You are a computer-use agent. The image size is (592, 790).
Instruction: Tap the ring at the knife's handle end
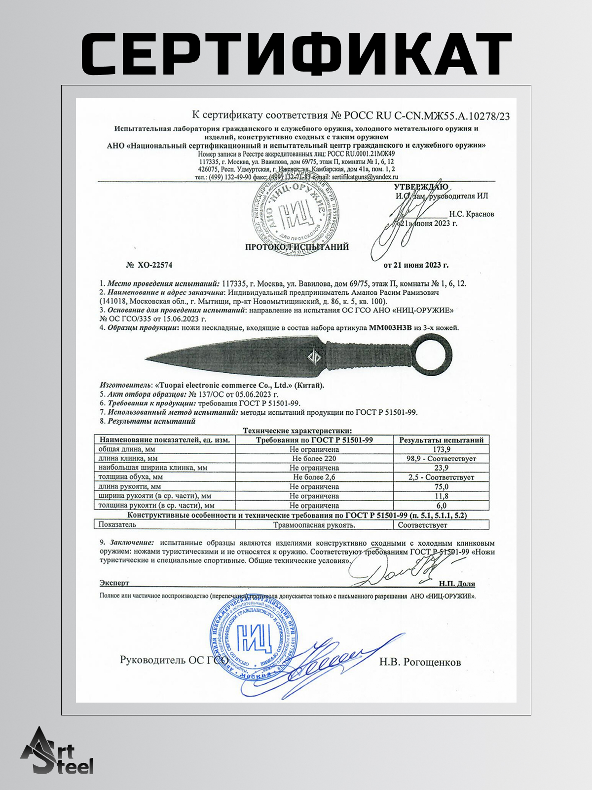431,355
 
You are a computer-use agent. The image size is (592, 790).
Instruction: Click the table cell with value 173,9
441,449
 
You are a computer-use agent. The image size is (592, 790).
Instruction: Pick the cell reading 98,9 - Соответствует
441,459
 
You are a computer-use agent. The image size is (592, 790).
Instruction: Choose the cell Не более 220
314,459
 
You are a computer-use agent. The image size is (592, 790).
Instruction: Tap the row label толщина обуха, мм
130,477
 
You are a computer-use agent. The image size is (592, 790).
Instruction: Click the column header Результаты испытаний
441,440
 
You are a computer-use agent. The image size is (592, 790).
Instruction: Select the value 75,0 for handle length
441,487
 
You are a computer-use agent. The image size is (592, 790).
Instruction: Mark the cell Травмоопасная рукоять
314,525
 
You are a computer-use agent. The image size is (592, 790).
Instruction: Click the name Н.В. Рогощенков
420,662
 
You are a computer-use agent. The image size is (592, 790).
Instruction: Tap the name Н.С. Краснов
471,214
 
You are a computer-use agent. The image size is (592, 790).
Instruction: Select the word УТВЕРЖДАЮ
421,187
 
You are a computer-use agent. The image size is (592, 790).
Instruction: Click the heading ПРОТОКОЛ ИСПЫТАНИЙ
297,247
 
